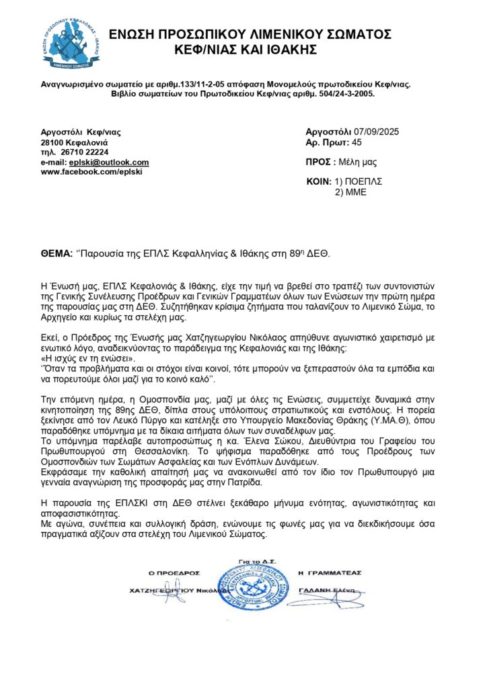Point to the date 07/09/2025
point(377,132)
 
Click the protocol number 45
point(357,142)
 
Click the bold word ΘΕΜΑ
point(56,254)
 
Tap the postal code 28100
point(52,143)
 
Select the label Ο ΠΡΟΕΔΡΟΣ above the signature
point(174,573)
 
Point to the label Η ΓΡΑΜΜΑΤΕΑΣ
point(329,572)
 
